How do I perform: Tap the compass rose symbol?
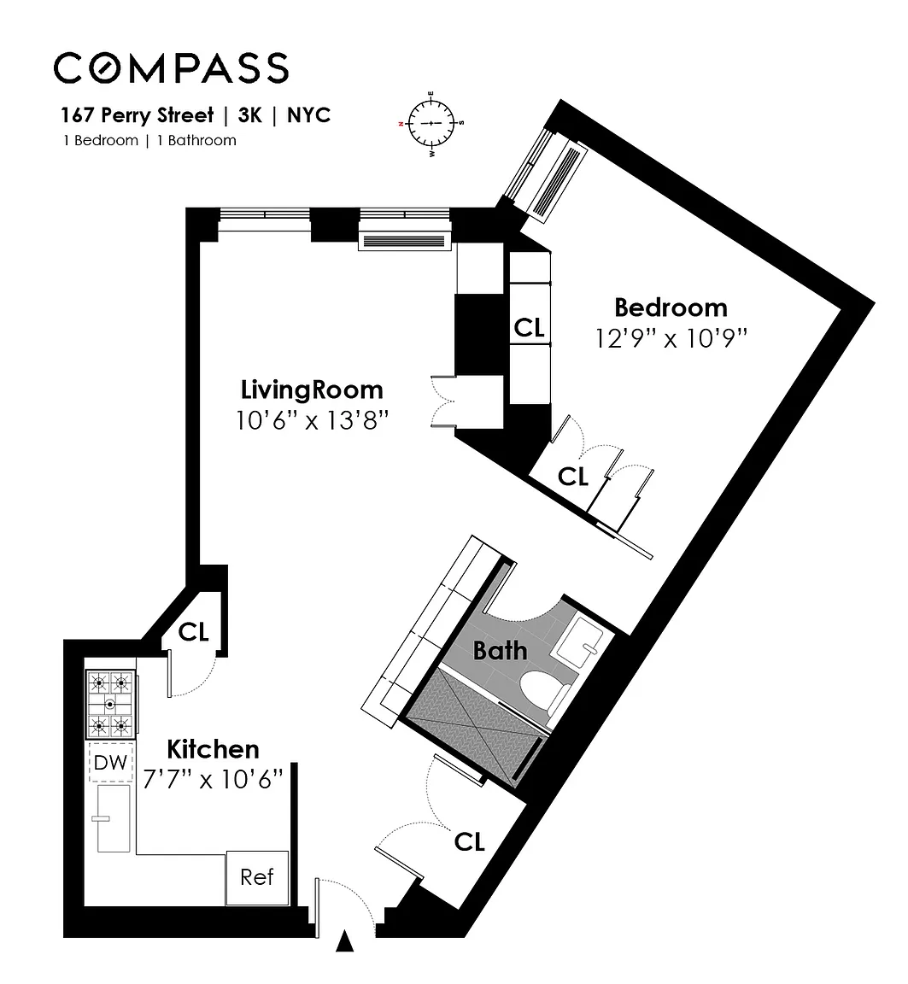[431, 123]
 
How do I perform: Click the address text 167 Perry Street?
[137, 115]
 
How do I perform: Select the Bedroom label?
[671, 307]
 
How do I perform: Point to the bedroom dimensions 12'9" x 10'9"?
[671, 339]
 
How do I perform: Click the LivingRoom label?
[312, 389]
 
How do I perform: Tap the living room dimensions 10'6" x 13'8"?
[312, 420]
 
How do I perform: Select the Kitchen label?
[213, 749]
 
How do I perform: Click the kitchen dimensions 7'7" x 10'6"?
[213, 779]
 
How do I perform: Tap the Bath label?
[500, 651]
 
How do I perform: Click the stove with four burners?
[110, 704]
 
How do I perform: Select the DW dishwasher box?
[110, 763]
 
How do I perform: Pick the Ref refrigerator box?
[257, 877]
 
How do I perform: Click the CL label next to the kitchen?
[193, 632]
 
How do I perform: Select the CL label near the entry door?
[469, 841]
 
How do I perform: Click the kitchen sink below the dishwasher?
[114, 818]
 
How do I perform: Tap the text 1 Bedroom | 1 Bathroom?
[149, 141]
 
